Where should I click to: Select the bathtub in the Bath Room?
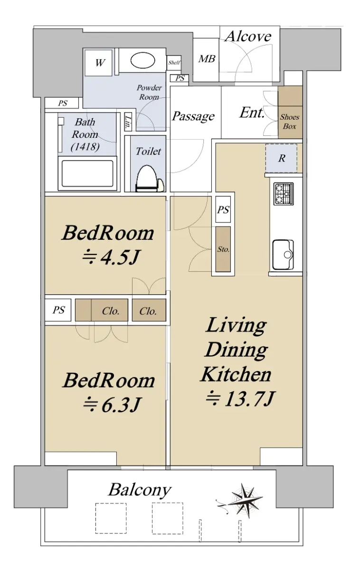click(87, 174)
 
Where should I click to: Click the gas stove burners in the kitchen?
click(284, 194)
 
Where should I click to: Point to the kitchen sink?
click(283, 255)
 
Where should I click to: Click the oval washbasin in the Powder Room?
click(143, 60)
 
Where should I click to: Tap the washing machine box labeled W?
click(98, 63)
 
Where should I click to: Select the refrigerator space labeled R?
click(281, 158)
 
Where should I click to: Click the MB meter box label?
click(207, 59)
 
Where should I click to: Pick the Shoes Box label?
click(290, 122)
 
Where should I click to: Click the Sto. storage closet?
click(223, 249)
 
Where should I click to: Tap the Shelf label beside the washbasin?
click(174, 62)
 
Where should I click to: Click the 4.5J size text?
click(111, 257)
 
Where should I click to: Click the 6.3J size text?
click(112, 405)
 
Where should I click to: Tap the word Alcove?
click(248, 36)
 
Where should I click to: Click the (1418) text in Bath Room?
click(85, 147)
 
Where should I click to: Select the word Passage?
click(193, 116)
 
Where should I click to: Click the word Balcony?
click(140, 490)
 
